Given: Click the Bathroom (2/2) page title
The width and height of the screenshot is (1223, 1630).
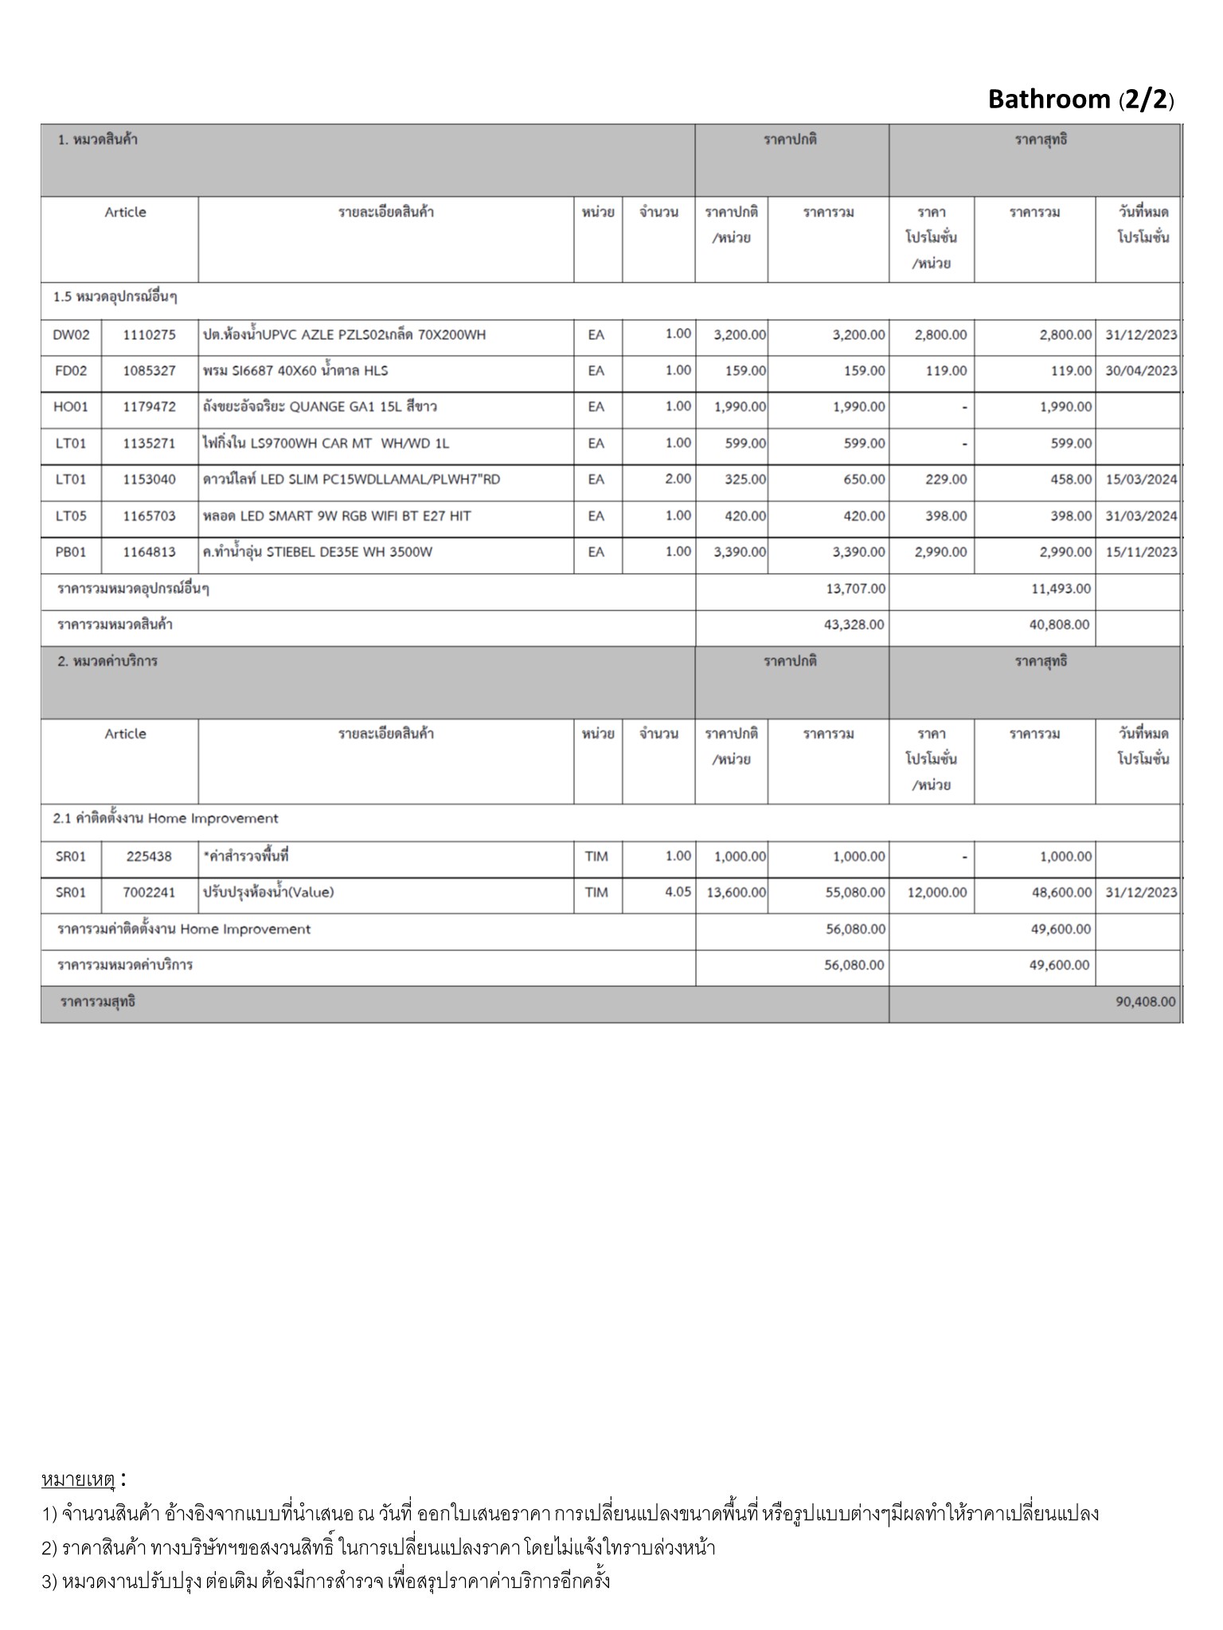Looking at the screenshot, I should tap(1080, 99).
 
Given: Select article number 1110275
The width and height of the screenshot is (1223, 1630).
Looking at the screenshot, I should tap(149, 335).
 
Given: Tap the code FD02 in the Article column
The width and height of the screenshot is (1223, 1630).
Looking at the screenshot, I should tap(71, 371).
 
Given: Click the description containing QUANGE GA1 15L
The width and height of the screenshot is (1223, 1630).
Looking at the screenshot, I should tap(320, 407).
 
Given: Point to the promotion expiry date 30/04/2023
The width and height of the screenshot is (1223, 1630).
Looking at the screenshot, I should tap(1140, 371).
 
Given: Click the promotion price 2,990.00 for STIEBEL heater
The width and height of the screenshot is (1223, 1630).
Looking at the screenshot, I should tap(940, 552).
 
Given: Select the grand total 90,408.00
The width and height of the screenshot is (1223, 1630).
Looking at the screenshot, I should tap(1144, 1002).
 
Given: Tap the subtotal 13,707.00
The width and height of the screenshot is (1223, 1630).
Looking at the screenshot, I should tap(854, 589).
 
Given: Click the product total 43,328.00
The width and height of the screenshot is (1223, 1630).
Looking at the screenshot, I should tap(854, 625).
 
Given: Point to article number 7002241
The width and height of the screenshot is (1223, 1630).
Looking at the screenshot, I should tap(149, 893).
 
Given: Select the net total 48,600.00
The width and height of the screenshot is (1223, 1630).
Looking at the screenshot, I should tap(1061, 893).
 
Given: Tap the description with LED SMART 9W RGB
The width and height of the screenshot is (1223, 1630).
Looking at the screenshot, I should tap(337, 516).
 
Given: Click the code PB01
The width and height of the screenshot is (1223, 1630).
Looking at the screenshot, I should tap(71, 552).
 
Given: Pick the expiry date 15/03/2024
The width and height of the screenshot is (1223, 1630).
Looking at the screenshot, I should tap(1140, 480).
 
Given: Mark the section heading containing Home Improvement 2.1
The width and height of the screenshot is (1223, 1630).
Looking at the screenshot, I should tap(166, 819).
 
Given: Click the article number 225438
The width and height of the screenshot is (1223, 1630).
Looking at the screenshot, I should tap(149, 857).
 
